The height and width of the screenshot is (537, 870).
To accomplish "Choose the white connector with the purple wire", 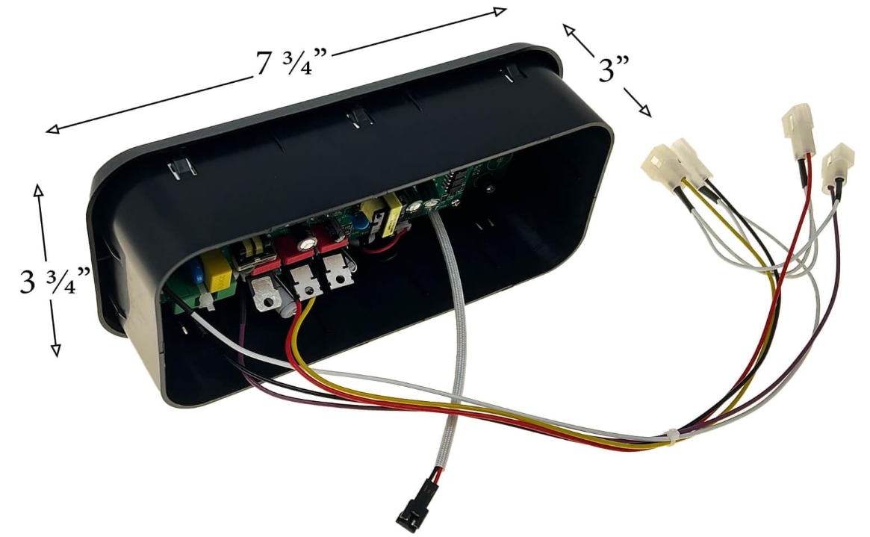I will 838,164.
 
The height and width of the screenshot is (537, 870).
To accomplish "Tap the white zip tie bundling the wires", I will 672,435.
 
